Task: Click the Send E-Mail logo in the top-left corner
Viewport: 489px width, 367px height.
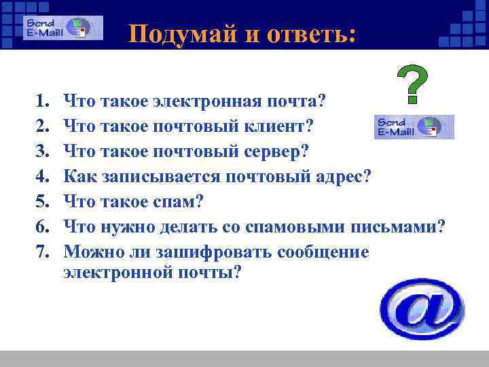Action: [x=62, y=28]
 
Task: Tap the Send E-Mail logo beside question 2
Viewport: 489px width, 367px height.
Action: [x=414, y=126]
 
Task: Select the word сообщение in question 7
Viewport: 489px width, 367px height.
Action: [x=323, y=252]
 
